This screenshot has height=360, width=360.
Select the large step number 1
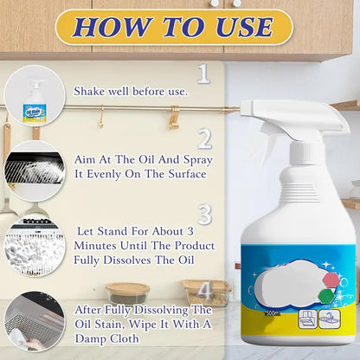(203, 74)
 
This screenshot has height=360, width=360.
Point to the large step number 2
(204, 139)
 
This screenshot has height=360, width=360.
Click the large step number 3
(204, 213)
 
